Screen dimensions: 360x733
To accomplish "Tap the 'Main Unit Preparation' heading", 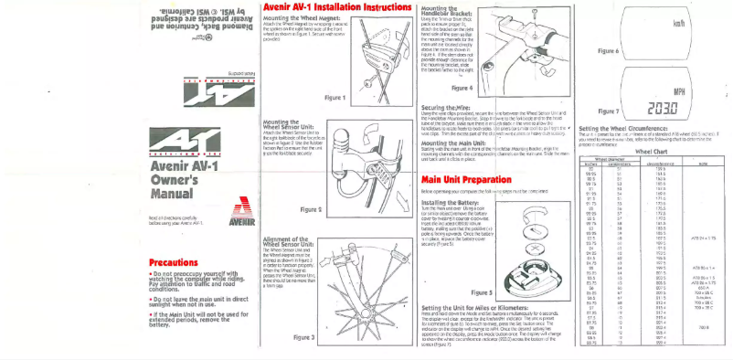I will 465,178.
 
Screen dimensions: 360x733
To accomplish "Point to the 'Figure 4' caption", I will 463,88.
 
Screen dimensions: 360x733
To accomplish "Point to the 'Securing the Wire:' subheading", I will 450,105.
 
